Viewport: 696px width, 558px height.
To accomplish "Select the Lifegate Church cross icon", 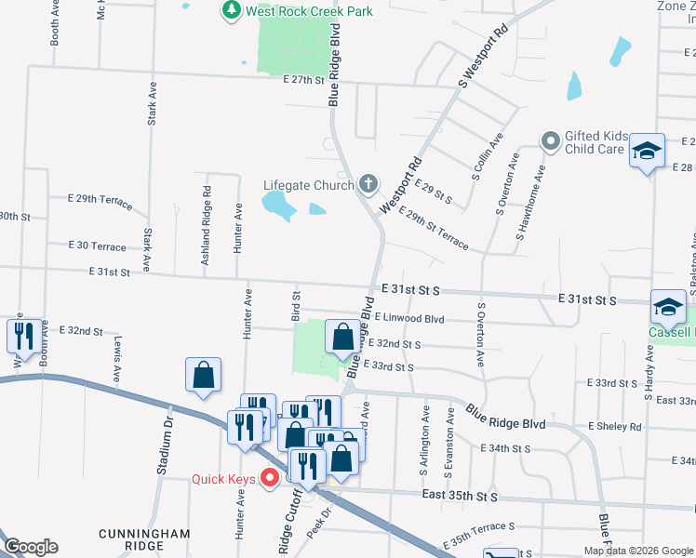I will coord(368,183).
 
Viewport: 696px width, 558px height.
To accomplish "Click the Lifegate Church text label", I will coord(308,185).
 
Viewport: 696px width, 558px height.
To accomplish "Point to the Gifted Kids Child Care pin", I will coord(552,141).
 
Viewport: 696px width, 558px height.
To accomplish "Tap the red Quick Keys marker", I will coord(271,479).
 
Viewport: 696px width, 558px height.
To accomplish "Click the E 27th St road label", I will coord(303,81).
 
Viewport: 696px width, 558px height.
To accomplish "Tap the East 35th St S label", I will coord(460,498).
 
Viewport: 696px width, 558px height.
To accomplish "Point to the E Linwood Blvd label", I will coord(410,318).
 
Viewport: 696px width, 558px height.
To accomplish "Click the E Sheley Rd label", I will coord(614,427).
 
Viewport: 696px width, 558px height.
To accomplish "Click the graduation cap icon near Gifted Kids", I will coord(648,151).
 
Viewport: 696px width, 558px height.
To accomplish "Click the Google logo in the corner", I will coord(31,546).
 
